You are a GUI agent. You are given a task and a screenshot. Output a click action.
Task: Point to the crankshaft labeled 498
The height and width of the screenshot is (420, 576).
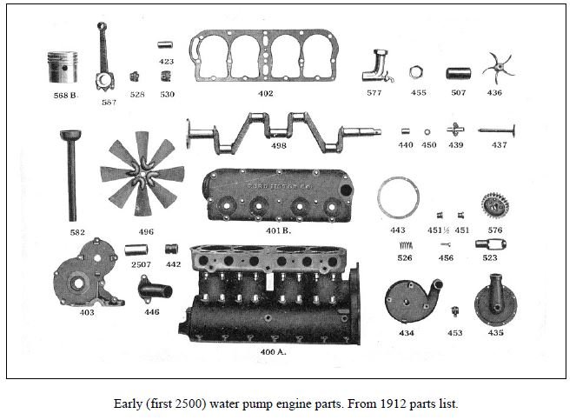click(x=281, y=130)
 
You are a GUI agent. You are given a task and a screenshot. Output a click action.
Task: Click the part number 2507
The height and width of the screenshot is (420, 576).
click(x=140, y=263)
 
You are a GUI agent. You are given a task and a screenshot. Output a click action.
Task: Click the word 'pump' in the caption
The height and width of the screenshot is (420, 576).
click(x=274, y=404)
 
